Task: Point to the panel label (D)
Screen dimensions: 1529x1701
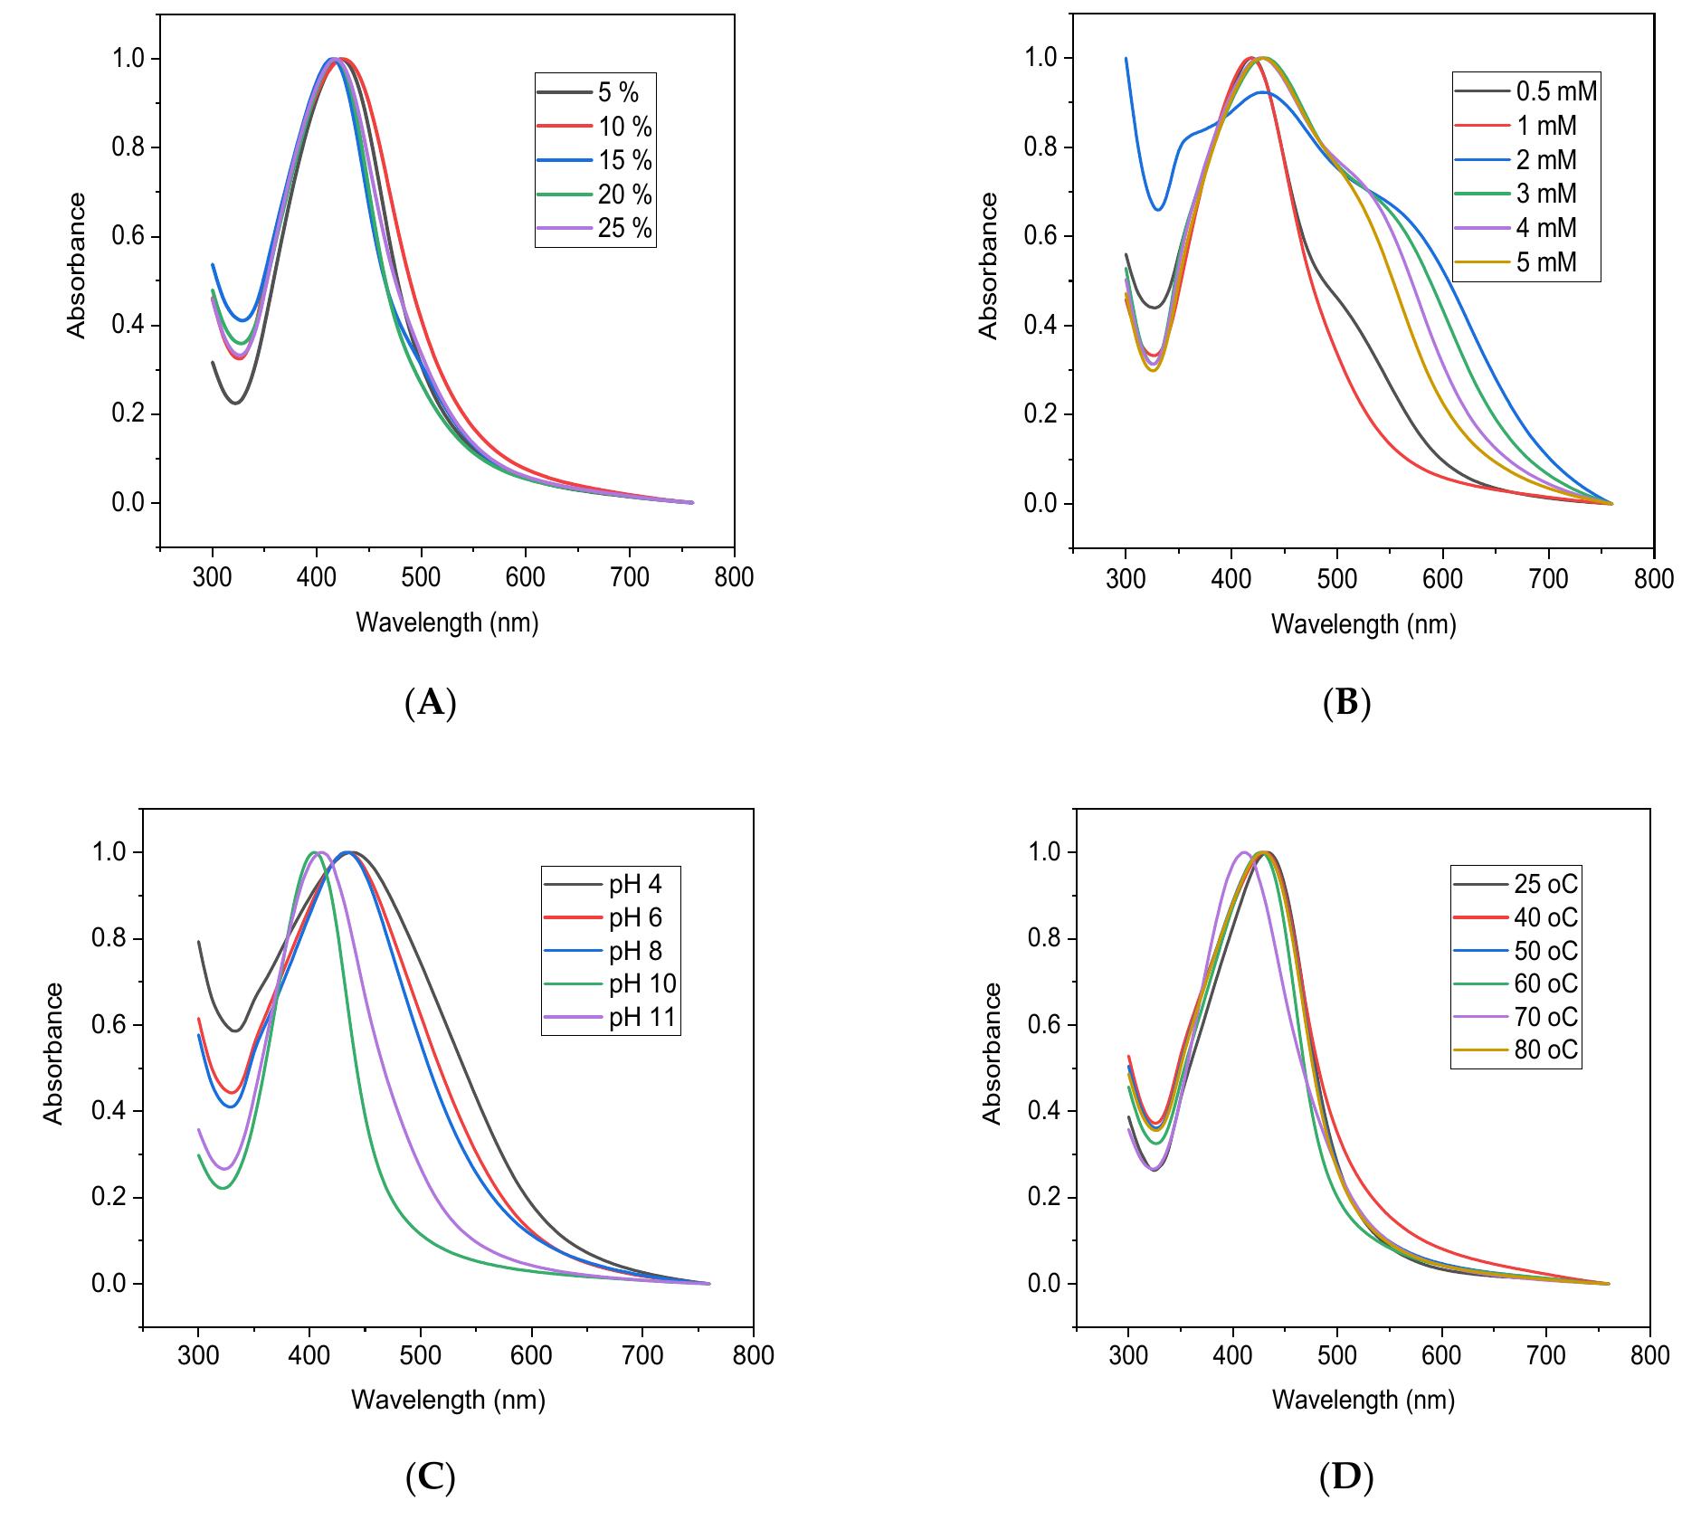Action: [x=1345, y=1477]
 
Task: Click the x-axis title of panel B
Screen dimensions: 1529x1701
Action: [x=1363, y=624]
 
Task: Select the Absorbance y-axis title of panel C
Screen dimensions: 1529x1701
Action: [x=54, y=1054]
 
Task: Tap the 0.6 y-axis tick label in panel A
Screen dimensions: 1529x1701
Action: [x=128, y=237]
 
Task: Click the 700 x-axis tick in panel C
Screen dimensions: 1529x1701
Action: [x=642, y=1355]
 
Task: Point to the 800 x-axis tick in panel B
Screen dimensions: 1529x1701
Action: [x=1654, y=579]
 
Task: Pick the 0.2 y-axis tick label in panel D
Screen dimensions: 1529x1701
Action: [x=1045, y=1198]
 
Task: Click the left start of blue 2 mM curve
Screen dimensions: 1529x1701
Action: [x=1126, y=59]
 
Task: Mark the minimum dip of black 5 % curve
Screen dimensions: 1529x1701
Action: [x=235, y=403]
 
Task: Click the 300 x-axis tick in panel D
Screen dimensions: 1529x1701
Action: [x=1127, y=1355]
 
